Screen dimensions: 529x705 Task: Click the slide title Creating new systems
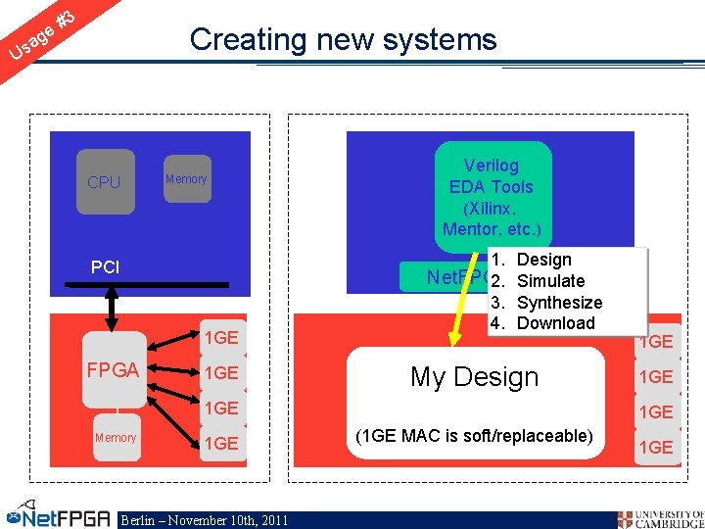(x=343, y=40)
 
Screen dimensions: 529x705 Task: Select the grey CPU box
(x=104, y=182)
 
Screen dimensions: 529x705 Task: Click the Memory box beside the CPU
(x=186, y=179)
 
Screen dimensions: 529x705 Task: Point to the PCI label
(x=105, y=266)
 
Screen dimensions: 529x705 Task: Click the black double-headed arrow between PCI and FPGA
(x=112, y=309)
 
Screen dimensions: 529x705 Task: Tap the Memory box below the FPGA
(x=115, y=438)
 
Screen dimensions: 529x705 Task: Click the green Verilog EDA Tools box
(x=491, y=197)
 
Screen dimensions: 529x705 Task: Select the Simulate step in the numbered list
(x=549, y=281)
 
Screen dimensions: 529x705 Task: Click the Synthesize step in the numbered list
(x=558, y=303)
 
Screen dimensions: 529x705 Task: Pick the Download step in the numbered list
(x=554, y=323)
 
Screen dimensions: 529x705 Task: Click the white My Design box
(x=475, y=377)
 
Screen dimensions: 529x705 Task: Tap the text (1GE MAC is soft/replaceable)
(x=474, y=435)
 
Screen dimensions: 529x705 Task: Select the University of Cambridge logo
(x=660, y=518)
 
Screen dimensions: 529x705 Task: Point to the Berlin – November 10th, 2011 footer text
(x=204, y=520)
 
